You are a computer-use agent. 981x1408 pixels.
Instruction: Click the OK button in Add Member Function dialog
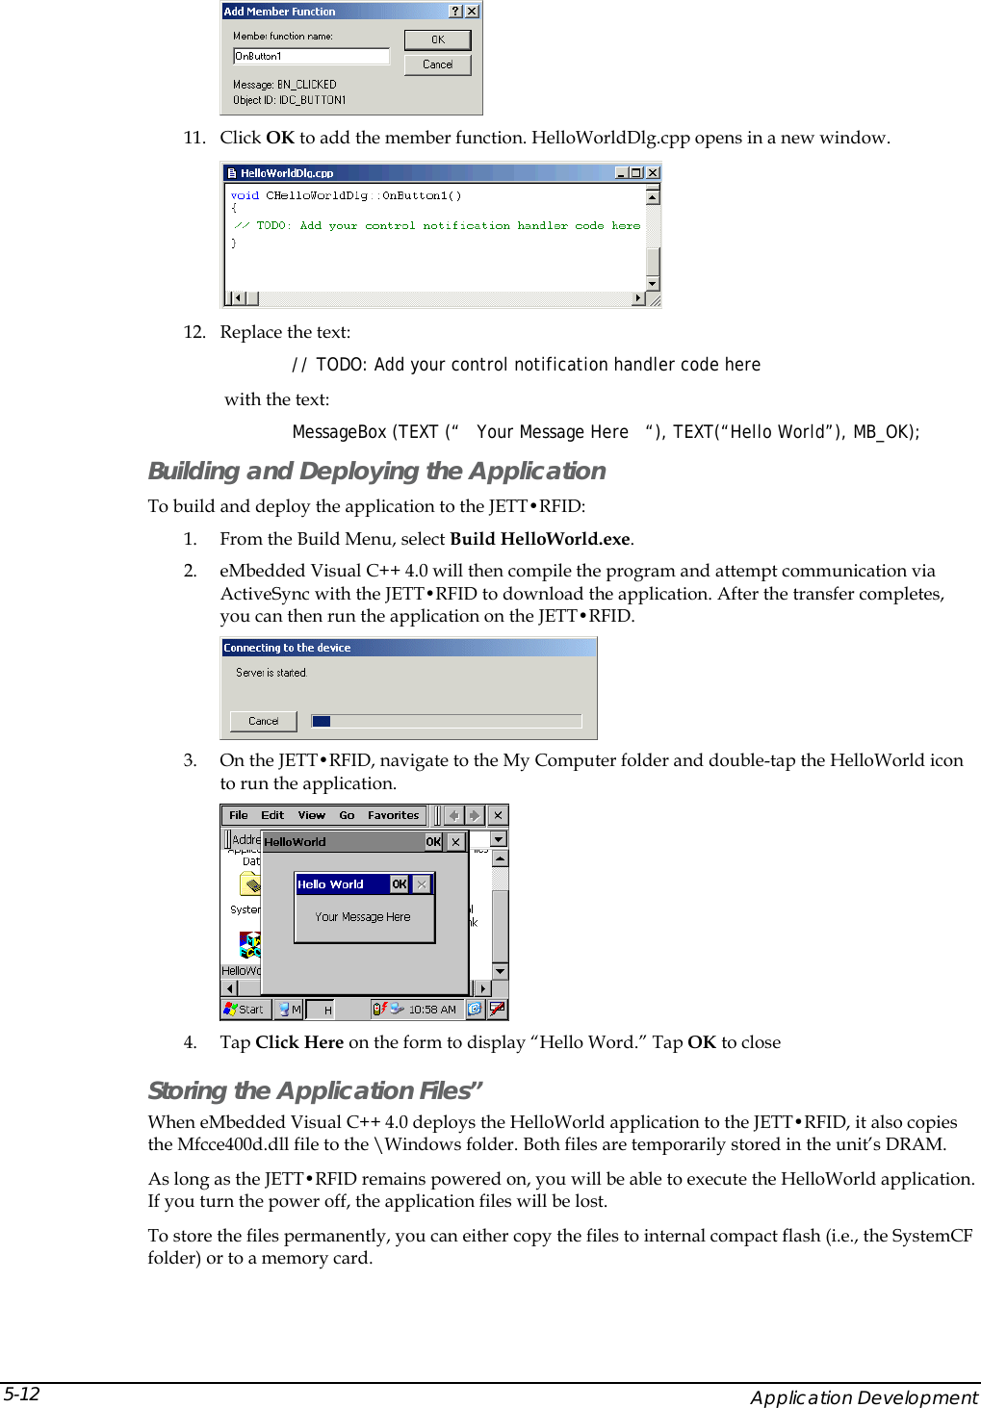437,39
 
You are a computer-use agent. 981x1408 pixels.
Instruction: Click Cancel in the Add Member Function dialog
437,64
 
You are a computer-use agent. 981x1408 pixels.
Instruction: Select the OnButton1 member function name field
311,57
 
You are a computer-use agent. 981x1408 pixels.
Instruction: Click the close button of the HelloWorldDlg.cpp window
653,173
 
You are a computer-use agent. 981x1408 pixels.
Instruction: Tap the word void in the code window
245,195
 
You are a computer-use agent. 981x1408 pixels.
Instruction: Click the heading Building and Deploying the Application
376,471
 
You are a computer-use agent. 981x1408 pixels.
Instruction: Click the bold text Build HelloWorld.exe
539,539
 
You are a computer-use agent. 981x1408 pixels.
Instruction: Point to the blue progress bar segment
322,721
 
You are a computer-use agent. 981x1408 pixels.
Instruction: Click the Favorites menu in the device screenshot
393,815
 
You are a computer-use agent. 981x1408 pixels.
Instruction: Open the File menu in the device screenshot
238,815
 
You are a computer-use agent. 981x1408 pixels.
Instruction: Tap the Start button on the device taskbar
244,1010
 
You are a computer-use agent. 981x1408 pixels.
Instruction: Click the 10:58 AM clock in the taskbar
431,1010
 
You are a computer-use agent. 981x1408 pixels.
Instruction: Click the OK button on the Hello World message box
399,884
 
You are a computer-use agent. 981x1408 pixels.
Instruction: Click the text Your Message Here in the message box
362,917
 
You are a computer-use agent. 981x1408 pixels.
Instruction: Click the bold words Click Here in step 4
299,1042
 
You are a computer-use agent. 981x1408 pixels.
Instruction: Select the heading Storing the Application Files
315,1090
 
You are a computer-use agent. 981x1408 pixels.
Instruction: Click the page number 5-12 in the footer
21,1395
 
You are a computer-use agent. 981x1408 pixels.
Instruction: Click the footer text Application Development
864,1397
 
